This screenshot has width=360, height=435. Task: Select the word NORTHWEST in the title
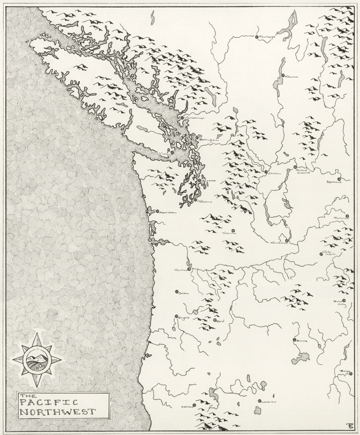pos(57,412)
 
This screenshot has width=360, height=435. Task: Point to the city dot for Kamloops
pos(256,37)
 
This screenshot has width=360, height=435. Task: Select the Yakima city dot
pos(233,231)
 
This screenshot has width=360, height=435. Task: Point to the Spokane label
pos(335,182)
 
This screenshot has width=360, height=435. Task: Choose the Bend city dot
pos(214,320)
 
